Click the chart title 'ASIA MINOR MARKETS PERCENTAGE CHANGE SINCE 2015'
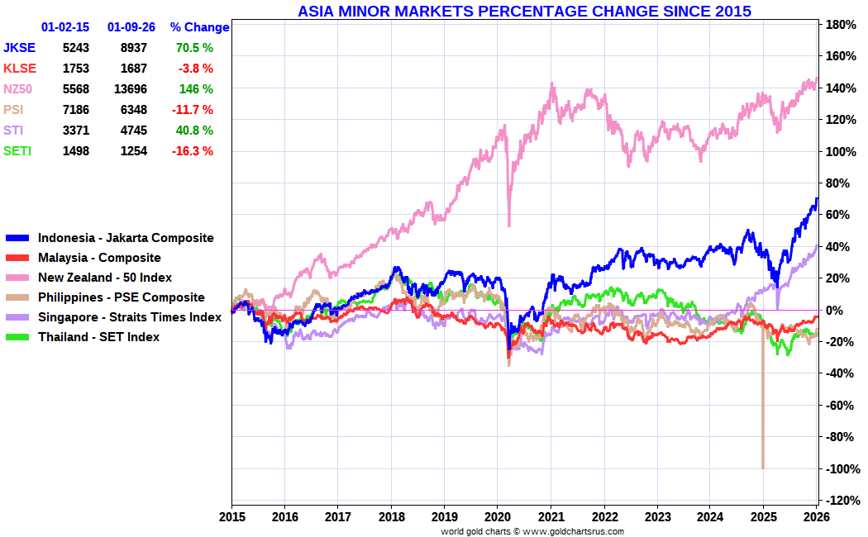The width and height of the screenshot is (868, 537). coord(524,11)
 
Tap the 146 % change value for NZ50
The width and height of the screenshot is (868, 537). coord(196,89)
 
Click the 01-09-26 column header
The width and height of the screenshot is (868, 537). coord(131,27)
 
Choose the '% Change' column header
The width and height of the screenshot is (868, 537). coord(199,27)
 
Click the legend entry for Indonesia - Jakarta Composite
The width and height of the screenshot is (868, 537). coord(126,238)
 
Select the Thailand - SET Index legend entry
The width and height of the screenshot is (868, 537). coord(98,337)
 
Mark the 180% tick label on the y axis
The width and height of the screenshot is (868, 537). coord(839,25)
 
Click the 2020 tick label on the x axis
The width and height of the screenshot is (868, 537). coord(498,518)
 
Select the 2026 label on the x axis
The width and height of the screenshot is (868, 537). coord(816,518)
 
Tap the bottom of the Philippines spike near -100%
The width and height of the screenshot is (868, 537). coord(762,467)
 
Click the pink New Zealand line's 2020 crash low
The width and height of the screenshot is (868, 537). coord(508,225)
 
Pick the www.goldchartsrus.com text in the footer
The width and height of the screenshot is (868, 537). coord(573,531)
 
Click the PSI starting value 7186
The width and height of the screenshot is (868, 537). coord(75,110)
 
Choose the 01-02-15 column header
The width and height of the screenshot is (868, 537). coord(65,27)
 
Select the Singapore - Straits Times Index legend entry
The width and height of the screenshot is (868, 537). coord(130,317)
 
